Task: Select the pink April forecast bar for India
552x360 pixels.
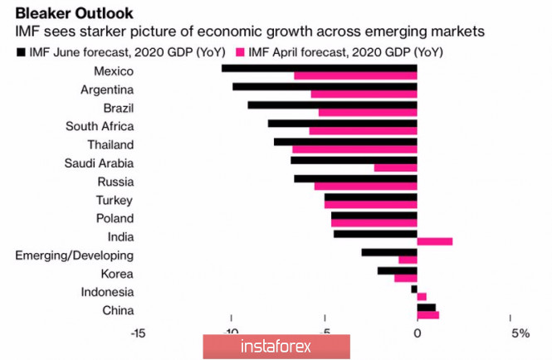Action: point(434,241)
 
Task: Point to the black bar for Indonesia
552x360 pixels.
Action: point(413,288)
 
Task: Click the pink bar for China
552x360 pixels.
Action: point(427,315)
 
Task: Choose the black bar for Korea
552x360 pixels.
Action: point(397,270)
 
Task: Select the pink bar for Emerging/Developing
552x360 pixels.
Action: point(408,260)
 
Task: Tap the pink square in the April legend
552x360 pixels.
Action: point(242,52)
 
